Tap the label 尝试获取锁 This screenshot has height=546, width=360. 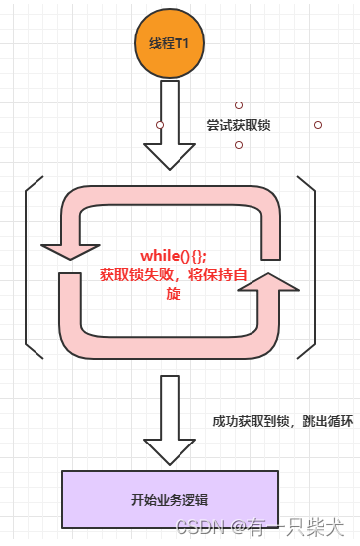point(239,126)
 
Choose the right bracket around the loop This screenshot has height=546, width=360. point(308,267)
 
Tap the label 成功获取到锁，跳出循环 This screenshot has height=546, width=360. point(282,421)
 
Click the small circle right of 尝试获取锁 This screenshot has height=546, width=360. point(318,125)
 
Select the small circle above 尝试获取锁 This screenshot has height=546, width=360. point(239,105)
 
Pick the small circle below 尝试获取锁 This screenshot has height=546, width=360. point(239,145)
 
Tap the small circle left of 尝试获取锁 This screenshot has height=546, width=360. point(160,125)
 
